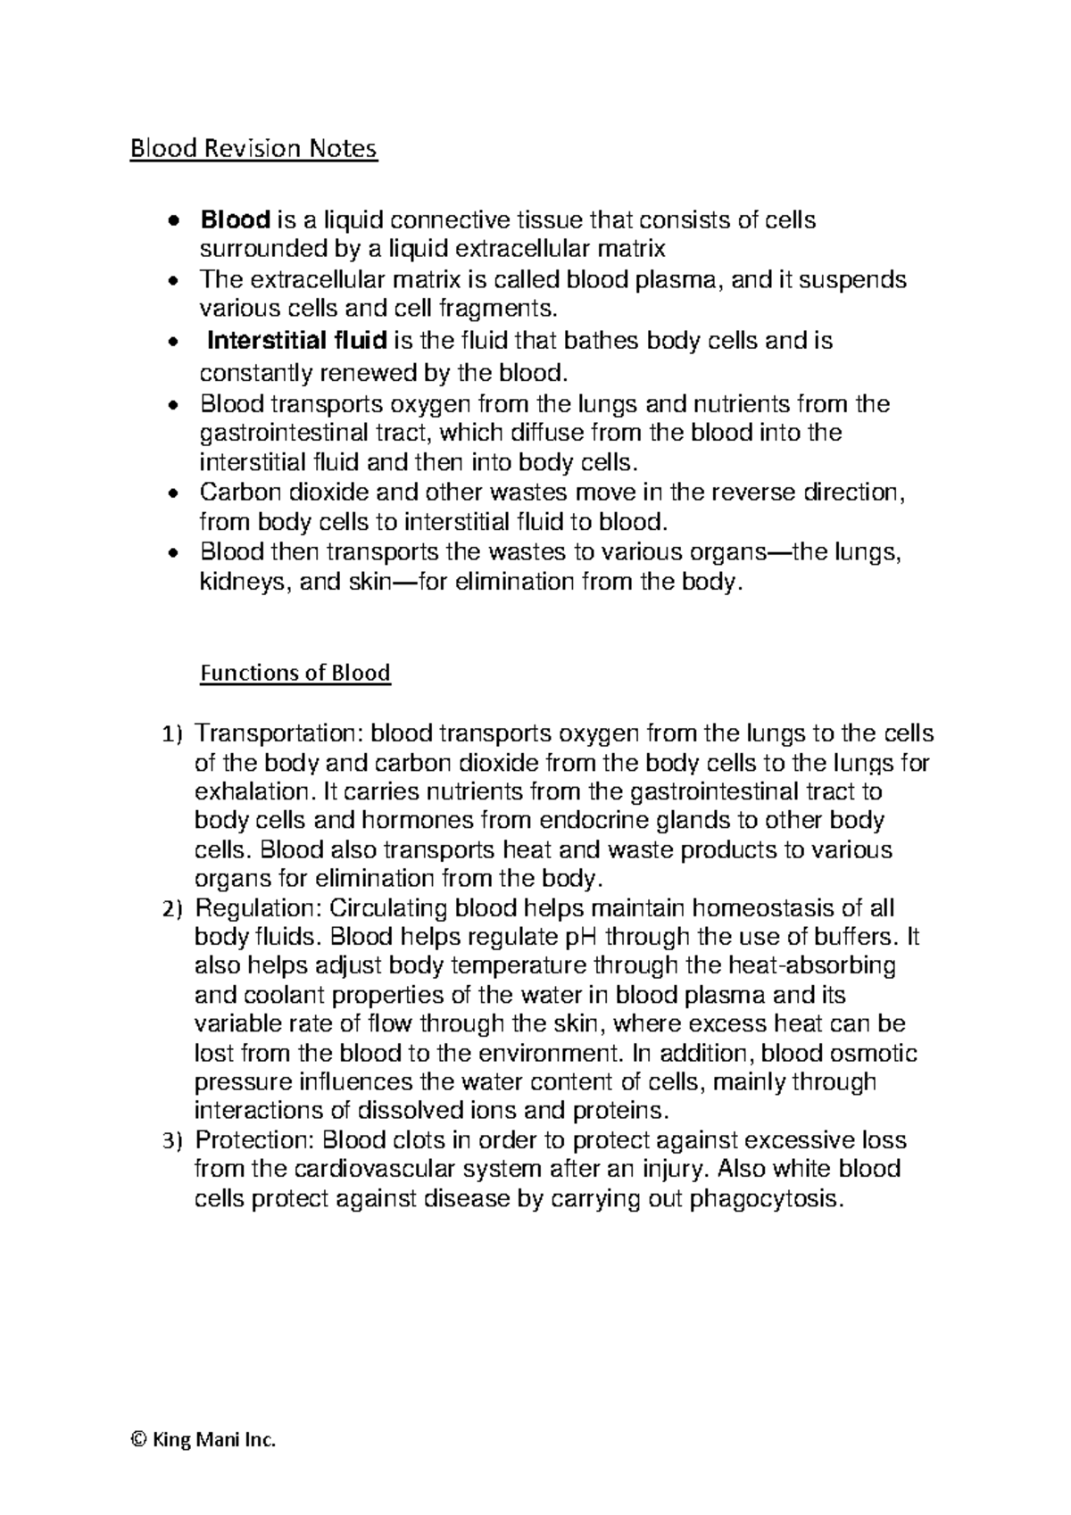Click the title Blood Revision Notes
[254, 148]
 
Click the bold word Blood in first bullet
[236, 219]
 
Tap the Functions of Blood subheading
[295, 672]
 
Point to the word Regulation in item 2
[258, 908]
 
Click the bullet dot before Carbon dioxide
[176, 493]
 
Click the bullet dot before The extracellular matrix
[176, 281]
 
